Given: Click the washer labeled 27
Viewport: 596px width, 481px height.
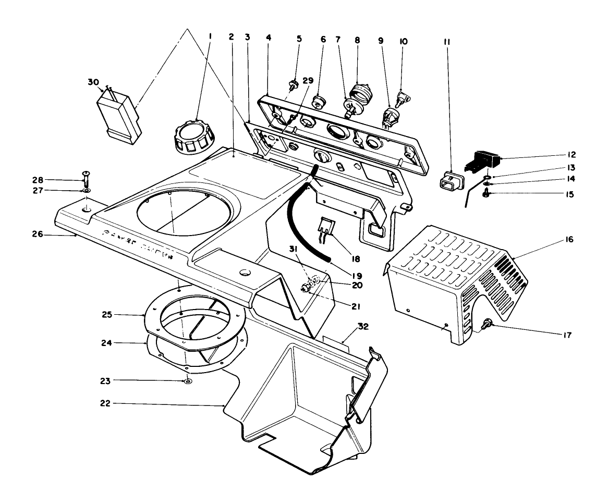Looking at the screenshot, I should coord(86,191).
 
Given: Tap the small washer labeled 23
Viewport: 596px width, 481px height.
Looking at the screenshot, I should coord(187,382).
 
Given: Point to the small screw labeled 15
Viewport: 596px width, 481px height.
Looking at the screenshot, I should coord(486,194).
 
